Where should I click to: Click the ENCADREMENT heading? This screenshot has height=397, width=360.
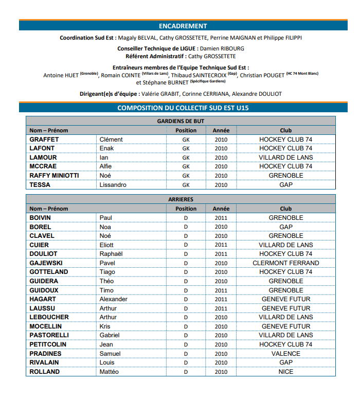(183, 26)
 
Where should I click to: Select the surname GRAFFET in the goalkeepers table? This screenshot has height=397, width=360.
(44, 140)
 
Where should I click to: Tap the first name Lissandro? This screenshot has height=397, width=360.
(113, 185)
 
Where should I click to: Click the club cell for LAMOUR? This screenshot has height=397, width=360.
(285, 158)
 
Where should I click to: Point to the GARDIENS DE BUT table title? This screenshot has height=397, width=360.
(181, 121)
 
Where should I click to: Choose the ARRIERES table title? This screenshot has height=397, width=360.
(181, 199)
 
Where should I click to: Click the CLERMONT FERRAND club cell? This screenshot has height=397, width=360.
(285, 263)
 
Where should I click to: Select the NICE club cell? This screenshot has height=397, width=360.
(285, 372)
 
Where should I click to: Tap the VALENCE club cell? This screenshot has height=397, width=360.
(285, 354)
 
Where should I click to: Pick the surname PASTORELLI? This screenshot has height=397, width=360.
(49, 335)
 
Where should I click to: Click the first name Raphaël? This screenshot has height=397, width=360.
(111, 254)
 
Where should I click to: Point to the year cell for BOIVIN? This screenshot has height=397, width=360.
(221, 218)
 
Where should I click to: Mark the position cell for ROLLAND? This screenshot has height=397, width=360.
(186, 372)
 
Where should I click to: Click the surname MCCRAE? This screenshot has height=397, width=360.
(43, 166)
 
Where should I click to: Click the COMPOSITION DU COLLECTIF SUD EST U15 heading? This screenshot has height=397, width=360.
(183, 108)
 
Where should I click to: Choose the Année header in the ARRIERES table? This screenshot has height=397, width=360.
(221, 209)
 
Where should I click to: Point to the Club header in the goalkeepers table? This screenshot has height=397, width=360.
(285, 130)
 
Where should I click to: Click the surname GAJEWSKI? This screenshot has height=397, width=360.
(46, 263)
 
